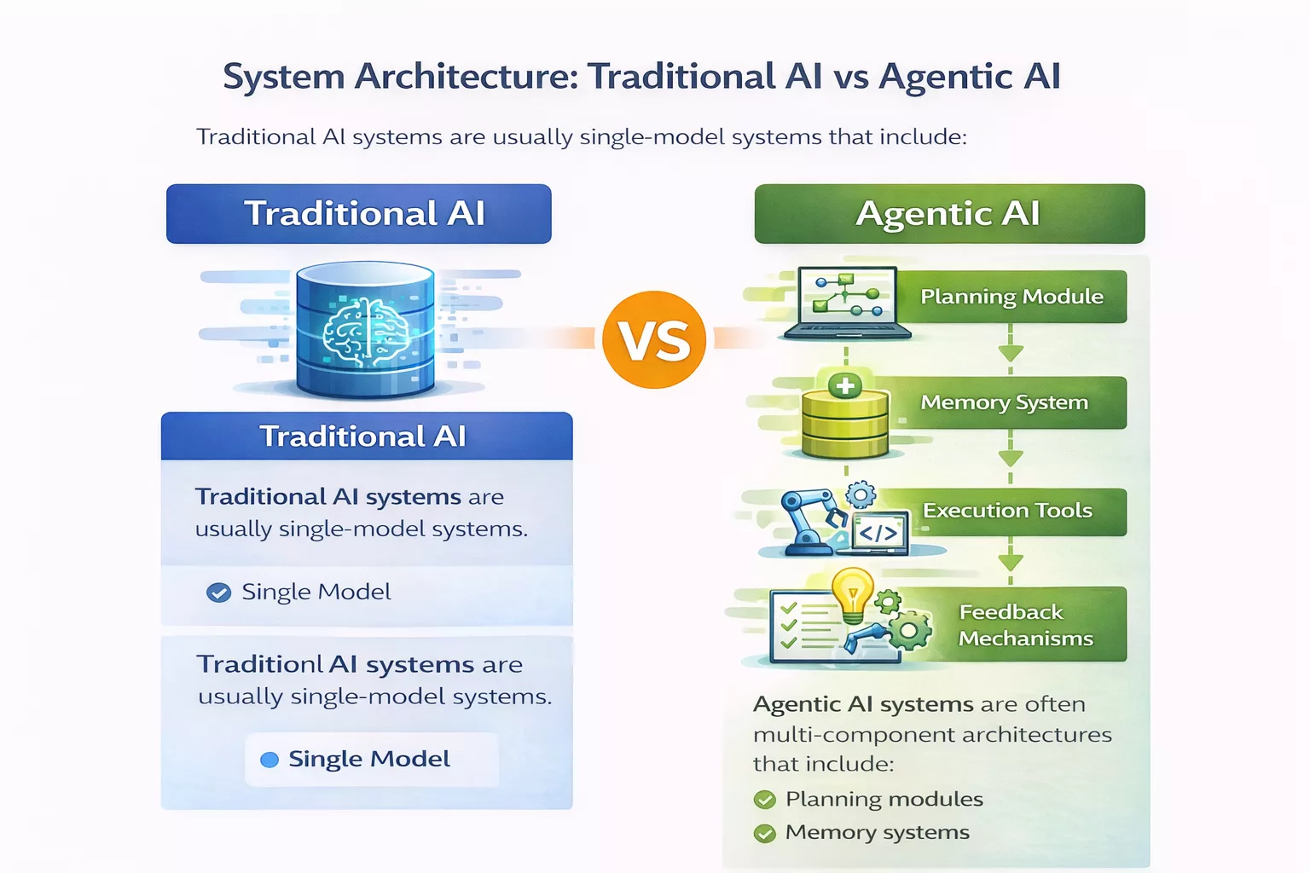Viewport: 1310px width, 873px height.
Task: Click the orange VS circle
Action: click(x=654, y=339)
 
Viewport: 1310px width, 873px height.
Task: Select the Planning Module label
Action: click(x=1011, y=297)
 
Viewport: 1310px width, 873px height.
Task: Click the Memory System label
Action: click(x=1004, y=402)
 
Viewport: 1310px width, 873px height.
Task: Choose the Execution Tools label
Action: click(x=1007, y=511)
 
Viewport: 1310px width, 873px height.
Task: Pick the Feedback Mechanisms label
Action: click(x=1024, y=625)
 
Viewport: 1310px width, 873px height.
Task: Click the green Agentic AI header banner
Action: click(x=948, y=214)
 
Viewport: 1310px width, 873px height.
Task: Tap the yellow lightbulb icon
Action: click(x=852, y=593)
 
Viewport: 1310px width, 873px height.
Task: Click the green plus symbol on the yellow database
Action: click(x=845, y=386)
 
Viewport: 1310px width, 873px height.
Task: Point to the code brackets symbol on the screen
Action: click(x=878, y=534)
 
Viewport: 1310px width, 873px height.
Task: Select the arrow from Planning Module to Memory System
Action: click(x=1011, y=350)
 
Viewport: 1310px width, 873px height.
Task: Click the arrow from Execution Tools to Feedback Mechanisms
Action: click(x=1011, y=561)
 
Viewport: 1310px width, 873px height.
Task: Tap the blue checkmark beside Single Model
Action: click(x=219, y=593)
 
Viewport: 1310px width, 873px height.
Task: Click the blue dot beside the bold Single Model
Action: click(x=270, y=760)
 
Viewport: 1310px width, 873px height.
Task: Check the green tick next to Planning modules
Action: click(x=765, y=800)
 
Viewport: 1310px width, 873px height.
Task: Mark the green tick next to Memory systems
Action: click(x=765, y=833)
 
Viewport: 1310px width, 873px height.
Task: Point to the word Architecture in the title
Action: click(x=466, y=77)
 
